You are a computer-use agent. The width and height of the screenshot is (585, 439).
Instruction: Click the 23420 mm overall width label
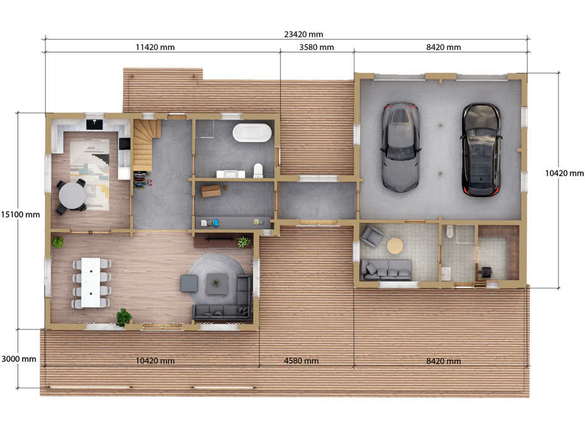(303, 35)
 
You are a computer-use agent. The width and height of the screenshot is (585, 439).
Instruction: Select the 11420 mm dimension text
(155, 48)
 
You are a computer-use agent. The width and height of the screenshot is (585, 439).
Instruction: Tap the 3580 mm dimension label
(317, 48)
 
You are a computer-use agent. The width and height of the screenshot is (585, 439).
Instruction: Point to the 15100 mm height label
(20, 214)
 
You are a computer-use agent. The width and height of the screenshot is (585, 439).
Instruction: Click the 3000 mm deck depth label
(19, 359)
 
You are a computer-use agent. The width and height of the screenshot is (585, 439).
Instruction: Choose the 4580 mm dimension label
(301, 361)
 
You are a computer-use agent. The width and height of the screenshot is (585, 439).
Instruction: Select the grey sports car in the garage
(399, 147)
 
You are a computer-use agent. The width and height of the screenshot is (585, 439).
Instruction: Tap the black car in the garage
(481, 149)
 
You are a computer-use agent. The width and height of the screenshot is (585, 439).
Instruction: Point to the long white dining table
(92, 281)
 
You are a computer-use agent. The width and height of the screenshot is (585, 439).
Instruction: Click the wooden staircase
(145, 145)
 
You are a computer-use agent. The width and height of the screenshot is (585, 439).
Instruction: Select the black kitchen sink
(96, 123)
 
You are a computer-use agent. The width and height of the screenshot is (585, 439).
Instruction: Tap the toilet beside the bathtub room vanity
(258, 170)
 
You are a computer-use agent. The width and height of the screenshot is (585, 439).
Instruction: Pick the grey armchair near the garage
(372, 235)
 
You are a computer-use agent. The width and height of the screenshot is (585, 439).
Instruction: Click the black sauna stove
(486, 271)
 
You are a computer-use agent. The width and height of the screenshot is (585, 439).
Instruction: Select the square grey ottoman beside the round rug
(189, 283)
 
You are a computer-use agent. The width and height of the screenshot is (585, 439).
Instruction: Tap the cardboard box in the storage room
(211, 190)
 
